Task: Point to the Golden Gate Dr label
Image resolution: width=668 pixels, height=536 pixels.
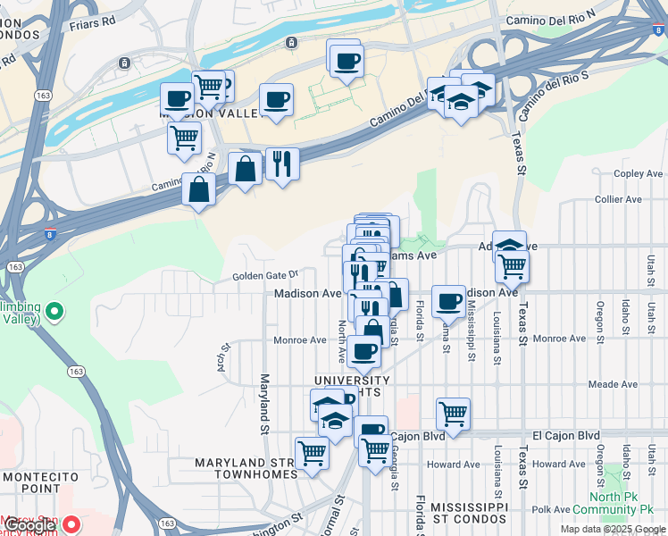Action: point(264,276)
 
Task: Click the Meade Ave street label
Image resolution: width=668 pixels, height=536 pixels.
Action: point(613,385)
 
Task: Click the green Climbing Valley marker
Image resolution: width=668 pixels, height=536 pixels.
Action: point(54,313)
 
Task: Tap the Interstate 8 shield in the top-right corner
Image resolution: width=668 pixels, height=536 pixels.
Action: point(658,29)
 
